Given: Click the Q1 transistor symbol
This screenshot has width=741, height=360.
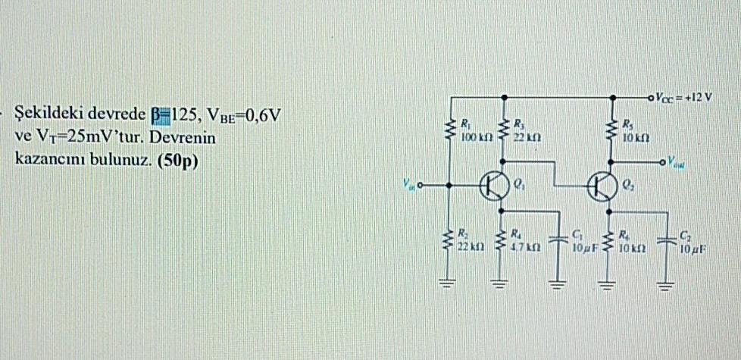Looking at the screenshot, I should click(493, 184).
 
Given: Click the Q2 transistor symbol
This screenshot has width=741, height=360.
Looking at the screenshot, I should click(606, 184).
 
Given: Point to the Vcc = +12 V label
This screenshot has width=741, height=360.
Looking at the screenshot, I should click(685, 98).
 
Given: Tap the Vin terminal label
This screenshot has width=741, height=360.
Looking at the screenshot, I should click(408, 183).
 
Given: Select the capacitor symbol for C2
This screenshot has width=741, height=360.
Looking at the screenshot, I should click(667, 239).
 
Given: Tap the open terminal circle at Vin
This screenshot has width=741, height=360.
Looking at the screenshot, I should click(421, 184).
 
